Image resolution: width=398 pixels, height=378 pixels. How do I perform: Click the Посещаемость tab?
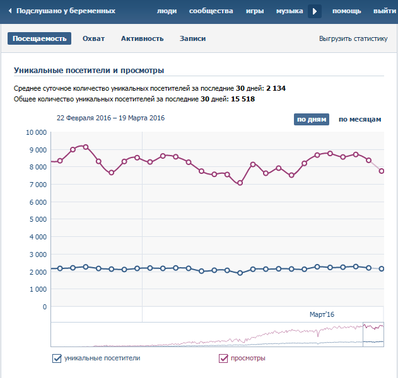39,38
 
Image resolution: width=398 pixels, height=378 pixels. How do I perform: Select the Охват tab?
93,38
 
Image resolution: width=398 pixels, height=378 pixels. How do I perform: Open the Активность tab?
142,38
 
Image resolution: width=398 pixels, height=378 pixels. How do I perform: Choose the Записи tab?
192,38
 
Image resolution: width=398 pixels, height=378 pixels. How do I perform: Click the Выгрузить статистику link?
353,38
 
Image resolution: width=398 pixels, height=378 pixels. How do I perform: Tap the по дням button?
311,120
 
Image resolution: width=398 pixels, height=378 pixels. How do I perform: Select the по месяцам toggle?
360,120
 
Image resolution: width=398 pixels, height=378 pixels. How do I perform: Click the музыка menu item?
290,11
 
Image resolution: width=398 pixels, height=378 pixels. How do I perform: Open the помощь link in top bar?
347,11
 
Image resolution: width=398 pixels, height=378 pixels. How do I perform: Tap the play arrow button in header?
315,11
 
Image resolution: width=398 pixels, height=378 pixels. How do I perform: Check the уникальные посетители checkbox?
57,358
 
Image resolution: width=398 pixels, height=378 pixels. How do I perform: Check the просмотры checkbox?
223,358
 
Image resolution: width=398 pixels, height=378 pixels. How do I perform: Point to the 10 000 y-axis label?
36,133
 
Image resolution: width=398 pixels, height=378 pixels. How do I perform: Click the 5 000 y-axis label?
38,220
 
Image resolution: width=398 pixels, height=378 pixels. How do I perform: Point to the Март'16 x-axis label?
322,314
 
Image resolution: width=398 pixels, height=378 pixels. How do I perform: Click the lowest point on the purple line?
240,183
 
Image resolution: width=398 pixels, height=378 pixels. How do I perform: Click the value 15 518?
243,99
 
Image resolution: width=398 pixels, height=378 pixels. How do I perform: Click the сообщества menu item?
211,11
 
